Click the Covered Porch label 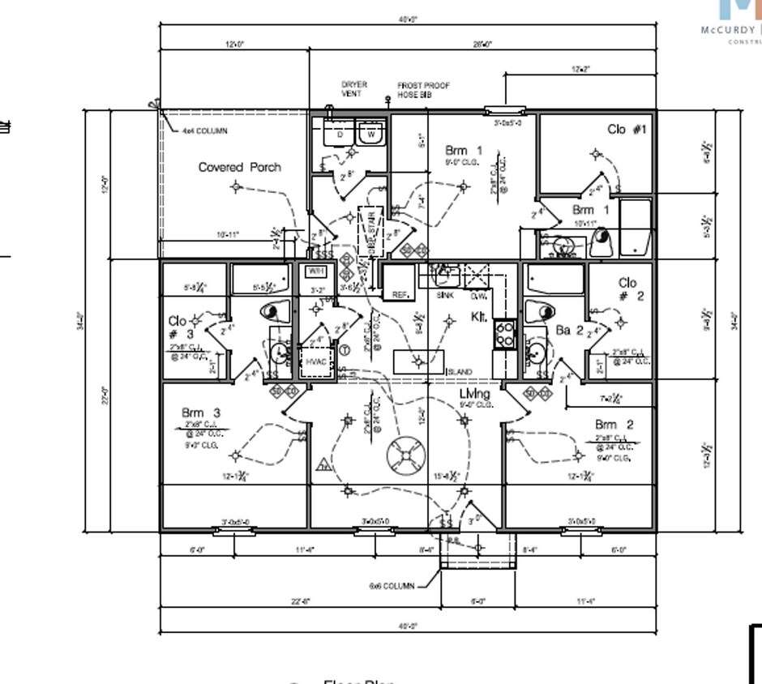coord(240,167)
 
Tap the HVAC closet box coord(315,361)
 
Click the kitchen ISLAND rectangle coord(420,361)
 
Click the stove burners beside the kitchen coord(504,334)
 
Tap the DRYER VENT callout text coord(353,88)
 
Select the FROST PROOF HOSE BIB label coord(423,90)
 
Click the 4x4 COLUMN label coord(204,130)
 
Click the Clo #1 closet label coord(627,129)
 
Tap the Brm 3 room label coord(200,413)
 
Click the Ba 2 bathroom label coord(569,330)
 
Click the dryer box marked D coord(340,134)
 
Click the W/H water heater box coord(315,271)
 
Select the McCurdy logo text coord(730,30)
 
